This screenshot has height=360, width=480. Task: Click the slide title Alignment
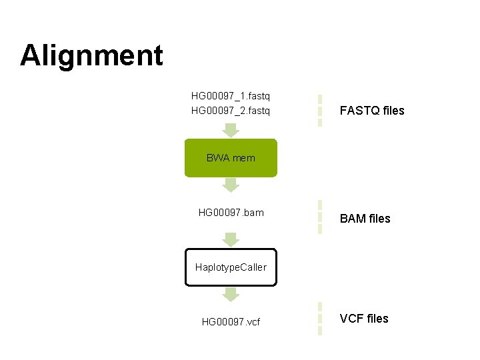tap(91, 55)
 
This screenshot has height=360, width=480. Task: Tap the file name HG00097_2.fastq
tap(231, 110)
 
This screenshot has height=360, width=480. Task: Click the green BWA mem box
tap(231, 158)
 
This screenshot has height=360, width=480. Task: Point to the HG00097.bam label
tap(231, 213)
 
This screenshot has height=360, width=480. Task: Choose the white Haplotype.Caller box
tap(231, 267)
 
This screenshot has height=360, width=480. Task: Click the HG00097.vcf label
tap(231, 322)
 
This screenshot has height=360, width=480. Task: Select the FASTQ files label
tap(372, 111)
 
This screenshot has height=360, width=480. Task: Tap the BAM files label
tap(365, 219)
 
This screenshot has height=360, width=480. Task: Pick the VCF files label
tap(364, 319)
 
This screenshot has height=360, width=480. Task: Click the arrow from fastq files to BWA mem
tap(231, 130)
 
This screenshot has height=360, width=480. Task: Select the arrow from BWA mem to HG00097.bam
tap(231, 185)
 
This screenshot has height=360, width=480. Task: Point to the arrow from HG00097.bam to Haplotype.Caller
tap(231, 239)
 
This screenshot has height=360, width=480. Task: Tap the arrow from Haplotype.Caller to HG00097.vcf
tap(231, 294)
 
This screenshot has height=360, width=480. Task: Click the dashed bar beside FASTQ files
tap(320, 110)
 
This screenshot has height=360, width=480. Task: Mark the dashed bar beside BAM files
tap(320, 217)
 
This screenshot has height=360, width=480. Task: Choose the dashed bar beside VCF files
tap(320, 319)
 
